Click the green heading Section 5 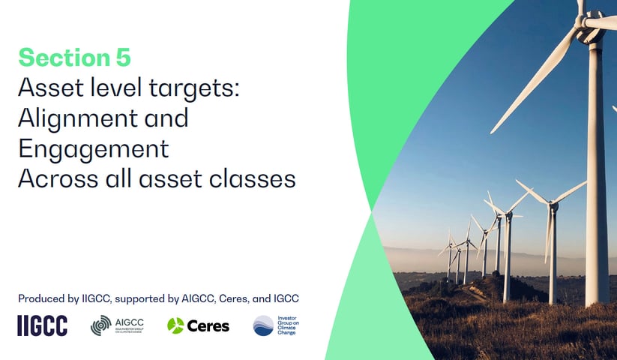tap(74, 56)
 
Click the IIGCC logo tap(42, 325)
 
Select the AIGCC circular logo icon tap(100, 325)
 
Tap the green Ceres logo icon tap(175, 325)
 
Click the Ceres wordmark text tap(208, 325)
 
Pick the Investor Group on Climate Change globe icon tap(263, 325)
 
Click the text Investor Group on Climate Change tap(287, 325)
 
